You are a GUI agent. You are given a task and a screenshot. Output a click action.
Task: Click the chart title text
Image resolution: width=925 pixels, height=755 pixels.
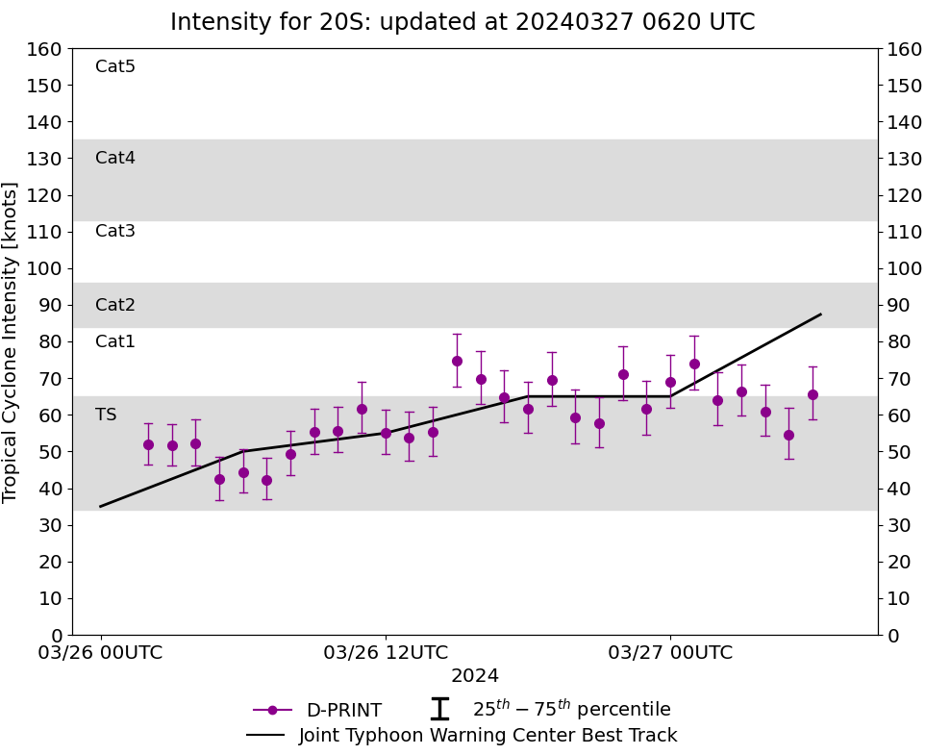pyautogui.click(x=462, y=22)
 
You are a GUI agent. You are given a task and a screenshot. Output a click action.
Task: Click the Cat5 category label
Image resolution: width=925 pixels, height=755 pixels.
pyautogui.click(x=115, y=66)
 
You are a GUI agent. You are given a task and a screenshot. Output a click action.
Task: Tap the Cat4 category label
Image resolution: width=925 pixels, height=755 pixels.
pyautogui.click(x=115, y=158)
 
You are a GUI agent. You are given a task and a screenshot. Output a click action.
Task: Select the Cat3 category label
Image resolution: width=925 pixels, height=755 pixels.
pyautogui.click(x=115, y=231)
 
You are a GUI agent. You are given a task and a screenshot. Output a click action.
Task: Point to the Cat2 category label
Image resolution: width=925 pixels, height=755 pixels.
pyautogui.click(x=115, y=305)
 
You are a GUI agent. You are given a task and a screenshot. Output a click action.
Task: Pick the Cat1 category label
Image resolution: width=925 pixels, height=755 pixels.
pyautogui.click(x=115, y=341)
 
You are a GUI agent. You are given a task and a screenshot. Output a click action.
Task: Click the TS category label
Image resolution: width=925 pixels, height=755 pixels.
pyautogui.click(x=106, y=415)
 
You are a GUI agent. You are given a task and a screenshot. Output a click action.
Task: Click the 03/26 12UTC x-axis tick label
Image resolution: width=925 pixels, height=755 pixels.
pyautogui.click(x=386, y=653)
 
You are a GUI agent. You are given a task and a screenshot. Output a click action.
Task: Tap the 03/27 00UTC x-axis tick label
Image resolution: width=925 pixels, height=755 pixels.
pyautogui.click(x=670, y=653)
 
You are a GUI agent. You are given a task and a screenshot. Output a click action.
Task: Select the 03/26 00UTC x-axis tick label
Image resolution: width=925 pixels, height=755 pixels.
pyautogui.click(x=101, y=653)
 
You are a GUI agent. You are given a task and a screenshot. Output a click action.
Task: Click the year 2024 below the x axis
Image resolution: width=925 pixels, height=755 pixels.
pyautogui.click(x=475, y=676)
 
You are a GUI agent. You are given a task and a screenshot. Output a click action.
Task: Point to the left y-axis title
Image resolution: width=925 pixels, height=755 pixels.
pyautogui.click(x=11, y=341)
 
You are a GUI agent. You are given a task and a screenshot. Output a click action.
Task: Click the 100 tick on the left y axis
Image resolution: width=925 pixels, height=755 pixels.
pyautogui.click(x=45, y=268)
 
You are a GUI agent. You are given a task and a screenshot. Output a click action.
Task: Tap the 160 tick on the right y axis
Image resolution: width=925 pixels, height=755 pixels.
pyautogui.click(x=905, y=48)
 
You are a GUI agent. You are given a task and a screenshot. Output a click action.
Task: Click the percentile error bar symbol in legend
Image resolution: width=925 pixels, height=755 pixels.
pyautogui.click(x=439, y=710)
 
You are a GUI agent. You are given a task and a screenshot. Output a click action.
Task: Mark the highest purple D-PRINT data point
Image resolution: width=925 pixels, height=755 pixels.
pyautogui.click(x=457, y=361)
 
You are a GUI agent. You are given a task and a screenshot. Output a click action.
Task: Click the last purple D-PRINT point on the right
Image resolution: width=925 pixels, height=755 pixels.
pyautogui.click(x=812, y=394)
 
